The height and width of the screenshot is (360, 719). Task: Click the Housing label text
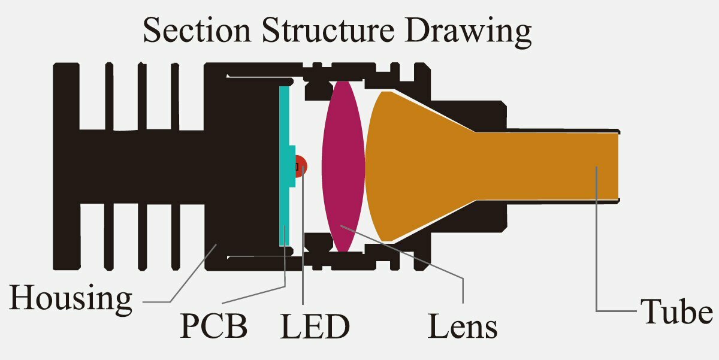[x=71, y=298]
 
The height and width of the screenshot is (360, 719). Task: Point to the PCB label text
[x=213, y=327]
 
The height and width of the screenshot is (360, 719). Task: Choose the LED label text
[x=315, y=327]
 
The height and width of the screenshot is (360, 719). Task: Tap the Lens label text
[x=462, y=327]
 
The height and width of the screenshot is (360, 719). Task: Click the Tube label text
[x=676, y=312]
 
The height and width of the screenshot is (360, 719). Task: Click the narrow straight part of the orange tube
[x=551, y=166]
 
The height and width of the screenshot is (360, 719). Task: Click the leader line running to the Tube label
[x=597, y=252]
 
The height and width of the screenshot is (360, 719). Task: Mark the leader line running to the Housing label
[x=186, y=282]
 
